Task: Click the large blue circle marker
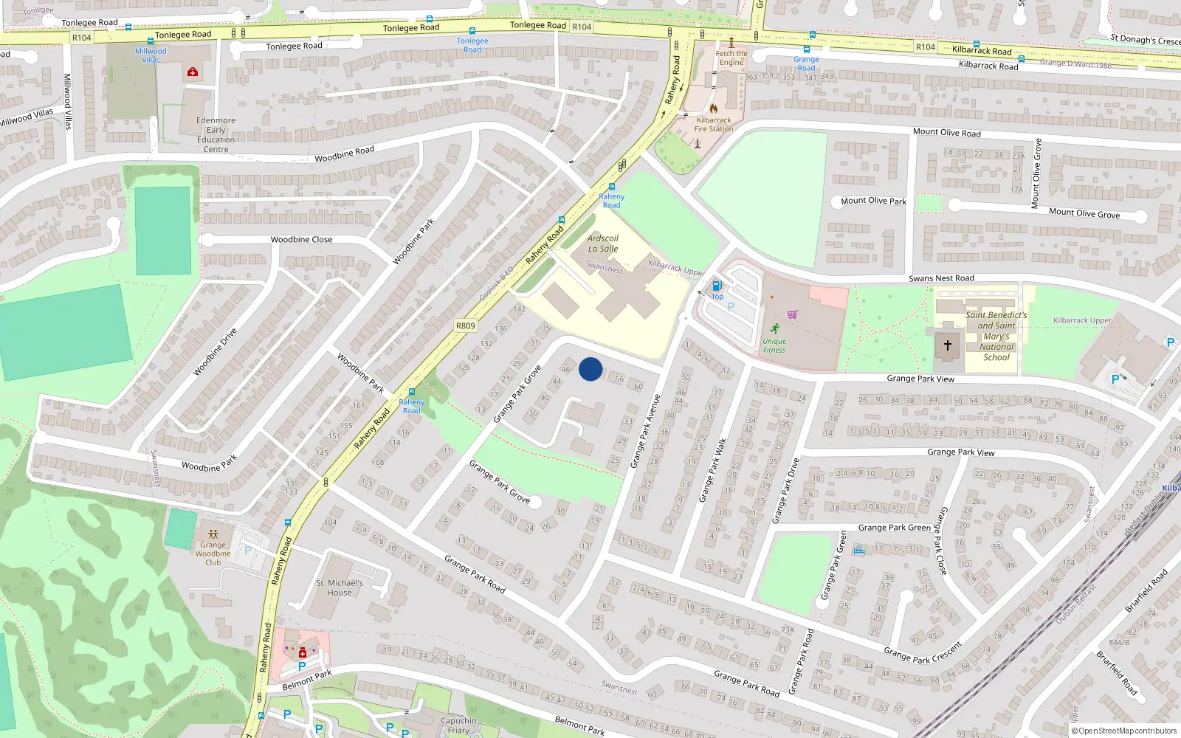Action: pos(590,369)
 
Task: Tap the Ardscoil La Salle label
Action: pos(603,244)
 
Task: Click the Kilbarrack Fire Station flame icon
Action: pos(714,108)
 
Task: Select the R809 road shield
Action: pos(466,325)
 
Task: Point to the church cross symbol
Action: pos(948,345)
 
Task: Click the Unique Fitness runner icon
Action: pos(774,328)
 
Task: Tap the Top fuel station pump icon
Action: pos(716,286)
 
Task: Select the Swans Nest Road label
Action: pos(941,278)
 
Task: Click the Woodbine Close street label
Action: pos(301,239)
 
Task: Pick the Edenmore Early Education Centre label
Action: pos(216,134)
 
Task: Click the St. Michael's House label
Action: pos(340,587)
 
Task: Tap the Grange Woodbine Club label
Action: pos(213,553)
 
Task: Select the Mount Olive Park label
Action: pos(873,201)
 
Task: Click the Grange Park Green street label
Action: pos(894,528)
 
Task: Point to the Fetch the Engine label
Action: pos(731,58)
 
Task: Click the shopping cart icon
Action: pos(792,314)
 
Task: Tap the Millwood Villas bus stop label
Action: pos(151,55)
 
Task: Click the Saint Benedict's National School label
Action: pos(996,336)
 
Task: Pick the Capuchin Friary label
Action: pos(458,725)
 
